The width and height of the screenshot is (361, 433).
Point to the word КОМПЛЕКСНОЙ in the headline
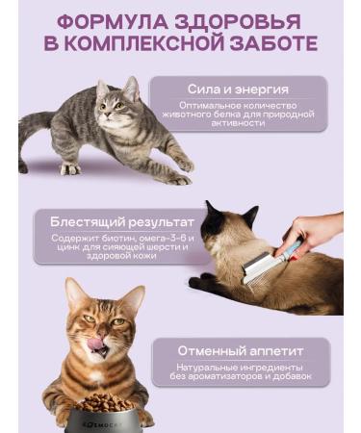point(142,43)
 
